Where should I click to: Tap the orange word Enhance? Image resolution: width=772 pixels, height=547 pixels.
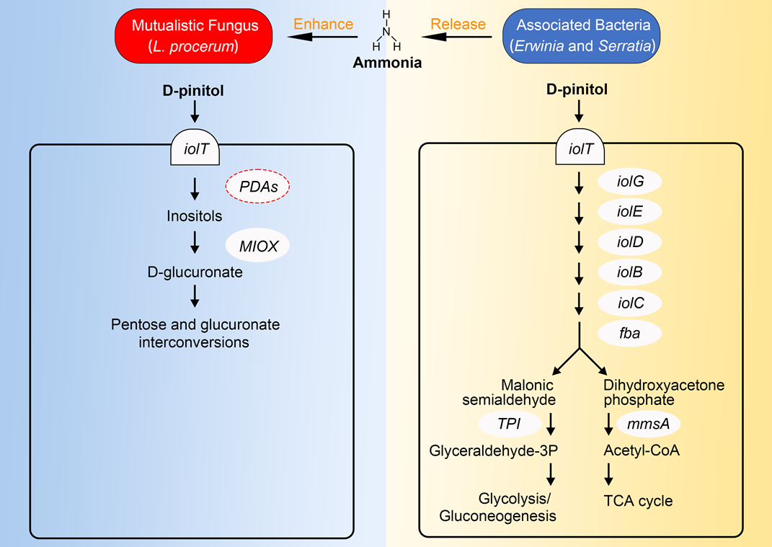click(x=324, y=24)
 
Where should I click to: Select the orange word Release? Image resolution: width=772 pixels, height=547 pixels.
click(x=458, y=24)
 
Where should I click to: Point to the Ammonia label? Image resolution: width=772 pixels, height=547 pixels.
click(x=386, y=63)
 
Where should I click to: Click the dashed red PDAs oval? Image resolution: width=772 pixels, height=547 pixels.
click(x=258, y=187)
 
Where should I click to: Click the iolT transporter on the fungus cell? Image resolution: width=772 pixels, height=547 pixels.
click(x=195, y=150)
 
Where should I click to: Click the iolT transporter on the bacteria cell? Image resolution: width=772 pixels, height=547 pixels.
click(x=580, y=150)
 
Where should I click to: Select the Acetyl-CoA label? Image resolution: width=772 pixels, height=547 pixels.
click(x=642, y=451)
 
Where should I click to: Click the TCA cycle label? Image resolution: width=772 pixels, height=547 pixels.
click(x=637, y=500)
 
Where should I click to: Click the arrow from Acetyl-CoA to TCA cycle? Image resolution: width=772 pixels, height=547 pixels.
click(x=609, y=474)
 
